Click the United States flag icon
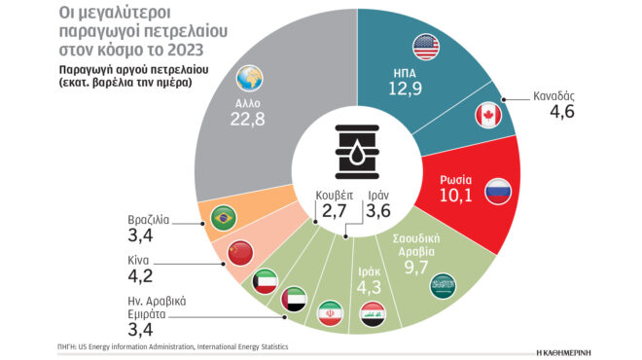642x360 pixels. pos(426,45)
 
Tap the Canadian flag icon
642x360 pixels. pos(487,117)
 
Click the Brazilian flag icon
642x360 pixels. pos(225,216)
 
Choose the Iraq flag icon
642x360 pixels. pos(373,313)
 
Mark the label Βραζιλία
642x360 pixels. pos(149,219)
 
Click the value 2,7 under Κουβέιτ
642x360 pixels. pos(335,209)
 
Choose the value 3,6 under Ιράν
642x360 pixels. pos(380,209)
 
